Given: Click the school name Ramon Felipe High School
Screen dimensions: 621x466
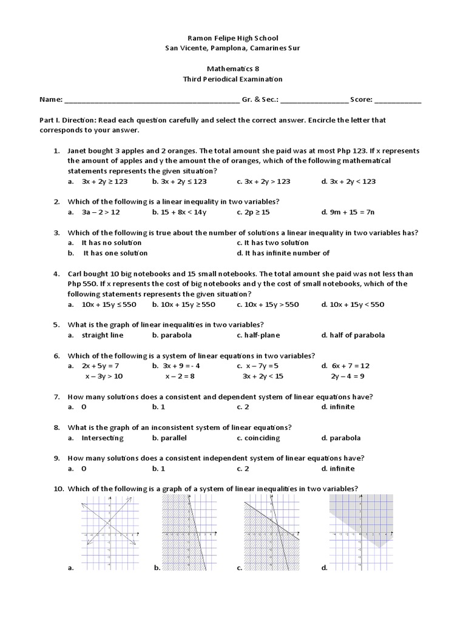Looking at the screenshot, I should point(234,38).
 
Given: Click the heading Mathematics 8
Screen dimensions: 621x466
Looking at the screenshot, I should point(234,69).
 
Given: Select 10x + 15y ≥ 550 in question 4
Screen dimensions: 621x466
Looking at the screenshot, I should point(183,304).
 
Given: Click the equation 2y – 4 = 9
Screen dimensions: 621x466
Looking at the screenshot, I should point(348,376).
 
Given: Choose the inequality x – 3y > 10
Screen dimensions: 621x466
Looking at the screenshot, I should point(104,376).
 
